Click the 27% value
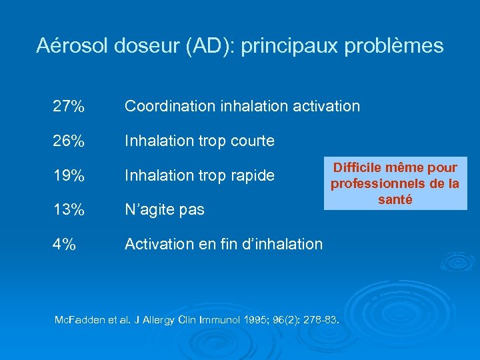click(69, 106)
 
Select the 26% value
click(69, 141)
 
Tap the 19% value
click(69, 176)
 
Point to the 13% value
click(69, 210)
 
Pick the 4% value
click(65, 245)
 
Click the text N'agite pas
click(165, 210)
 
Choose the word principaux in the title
click(280, 46)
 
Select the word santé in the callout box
click(395, 199)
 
